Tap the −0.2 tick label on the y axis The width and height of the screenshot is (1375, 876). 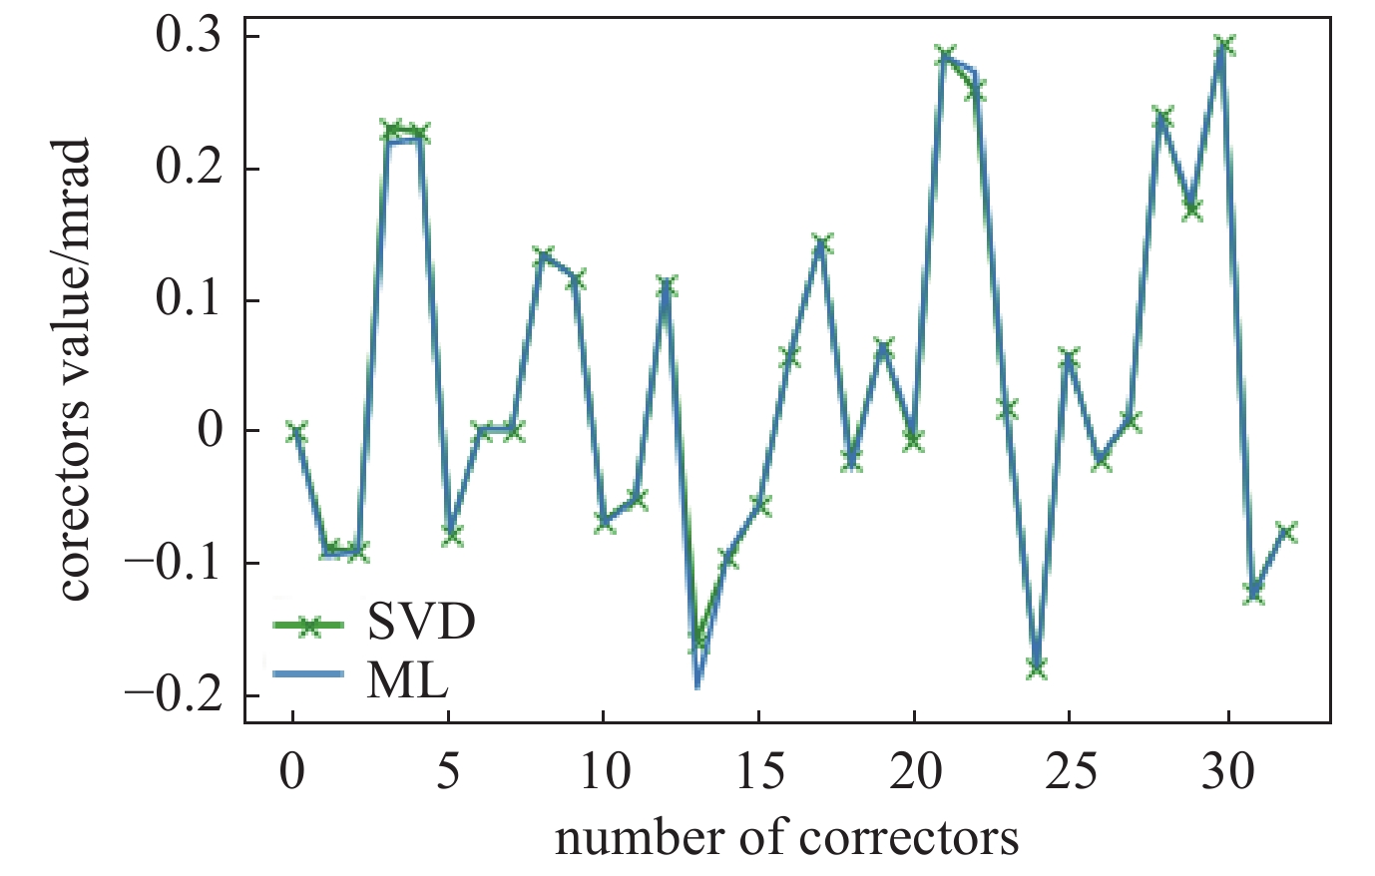[179, 695]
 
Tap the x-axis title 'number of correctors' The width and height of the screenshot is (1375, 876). [787, 838]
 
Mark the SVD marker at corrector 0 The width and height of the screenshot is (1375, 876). [295, 432]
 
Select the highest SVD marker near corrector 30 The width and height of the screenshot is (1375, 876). [1224, 46]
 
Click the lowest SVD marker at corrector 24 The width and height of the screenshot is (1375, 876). [1038, 667]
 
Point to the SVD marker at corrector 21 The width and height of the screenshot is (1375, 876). [945, 55]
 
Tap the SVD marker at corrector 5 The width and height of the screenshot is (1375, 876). [452, 535]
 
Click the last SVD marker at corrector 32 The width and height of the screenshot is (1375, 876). [1287, 531]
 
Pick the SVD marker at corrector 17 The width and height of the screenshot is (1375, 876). [821, 243]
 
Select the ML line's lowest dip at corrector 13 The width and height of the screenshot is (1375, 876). [697, 684]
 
